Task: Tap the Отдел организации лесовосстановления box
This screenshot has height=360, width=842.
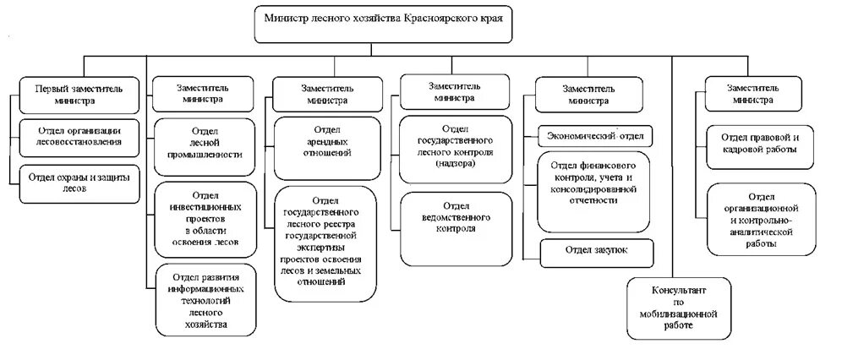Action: point(79,136)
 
